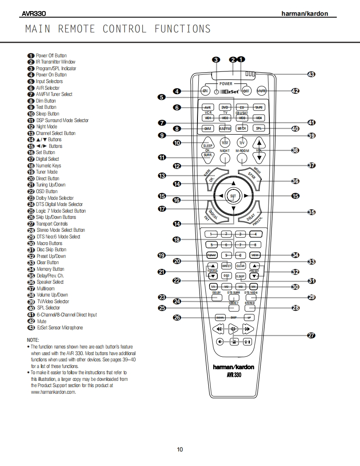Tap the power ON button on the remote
point(205,91)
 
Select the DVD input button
point(225,107)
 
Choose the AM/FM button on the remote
point(225,128)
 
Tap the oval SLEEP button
point(208,145)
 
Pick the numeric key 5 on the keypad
point(212,245)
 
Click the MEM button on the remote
point(255,255)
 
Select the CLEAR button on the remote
point(241,266)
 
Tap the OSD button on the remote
point(226,275)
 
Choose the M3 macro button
point(241,287)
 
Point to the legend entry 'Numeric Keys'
point(48,165)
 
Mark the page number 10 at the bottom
point(180,449)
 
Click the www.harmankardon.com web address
point(53,392)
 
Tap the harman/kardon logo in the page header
point(305,14)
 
